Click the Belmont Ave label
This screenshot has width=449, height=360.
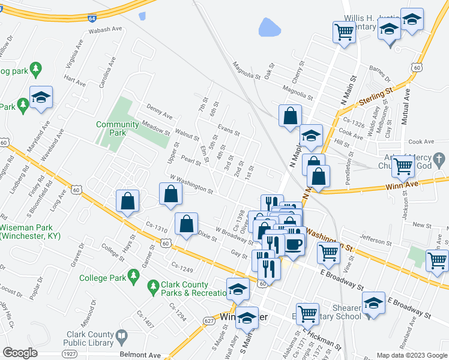pyautogui.click(x=140, y=355)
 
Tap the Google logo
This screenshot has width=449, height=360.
pyautogui.click(x=19, y=353)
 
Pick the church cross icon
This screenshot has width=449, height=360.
pyautogui.click(x=439, y=160)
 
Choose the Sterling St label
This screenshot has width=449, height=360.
pyautogui.click(x=375, y=94)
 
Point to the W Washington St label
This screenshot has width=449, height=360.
pyautogui.click(x=191, y=184)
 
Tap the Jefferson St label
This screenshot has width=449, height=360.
pyautogui.click(x=376, y=241)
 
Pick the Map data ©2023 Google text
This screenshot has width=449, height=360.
pyautogui.click(x=412, y=355)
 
